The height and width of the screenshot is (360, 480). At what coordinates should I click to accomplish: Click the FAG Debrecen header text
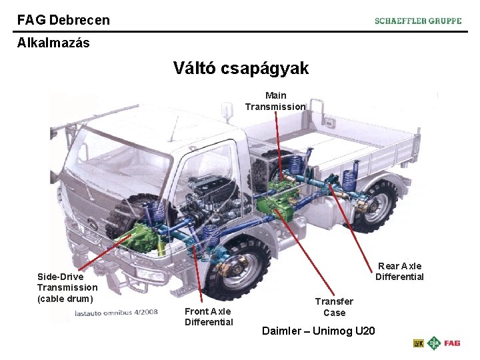click(x=63, y=20)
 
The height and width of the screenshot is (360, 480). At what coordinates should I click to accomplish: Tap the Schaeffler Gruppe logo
click(x=418, y=21)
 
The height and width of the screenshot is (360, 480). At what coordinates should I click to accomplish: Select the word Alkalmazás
click(x=53, y=43)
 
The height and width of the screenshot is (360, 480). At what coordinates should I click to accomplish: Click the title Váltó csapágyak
click(x=241, y=68)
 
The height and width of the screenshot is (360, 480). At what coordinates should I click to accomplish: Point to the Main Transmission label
click(x=275, y=101)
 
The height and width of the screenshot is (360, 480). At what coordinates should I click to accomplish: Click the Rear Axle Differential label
click(x=399, y=271)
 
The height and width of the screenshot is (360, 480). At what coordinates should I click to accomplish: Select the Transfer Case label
click(x=334, y=307)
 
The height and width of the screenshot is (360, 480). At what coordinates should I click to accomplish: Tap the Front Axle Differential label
click(x=209, y=317)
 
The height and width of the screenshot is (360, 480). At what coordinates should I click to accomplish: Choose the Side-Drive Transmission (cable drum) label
click(x=67, y=287)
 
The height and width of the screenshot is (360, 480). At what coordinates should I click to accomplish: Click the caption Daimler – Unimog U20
click(x=319, y=331)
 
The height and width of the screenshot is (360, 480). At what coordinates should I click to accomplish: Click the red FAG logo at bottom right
click(x=452, y=343)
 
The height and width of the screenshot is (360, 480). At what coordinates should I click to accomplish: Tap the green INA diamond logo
click(x=435, y=343)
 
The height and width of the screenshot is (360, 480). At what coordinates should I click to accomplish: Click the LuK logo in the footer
click(x=419, y=343)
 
